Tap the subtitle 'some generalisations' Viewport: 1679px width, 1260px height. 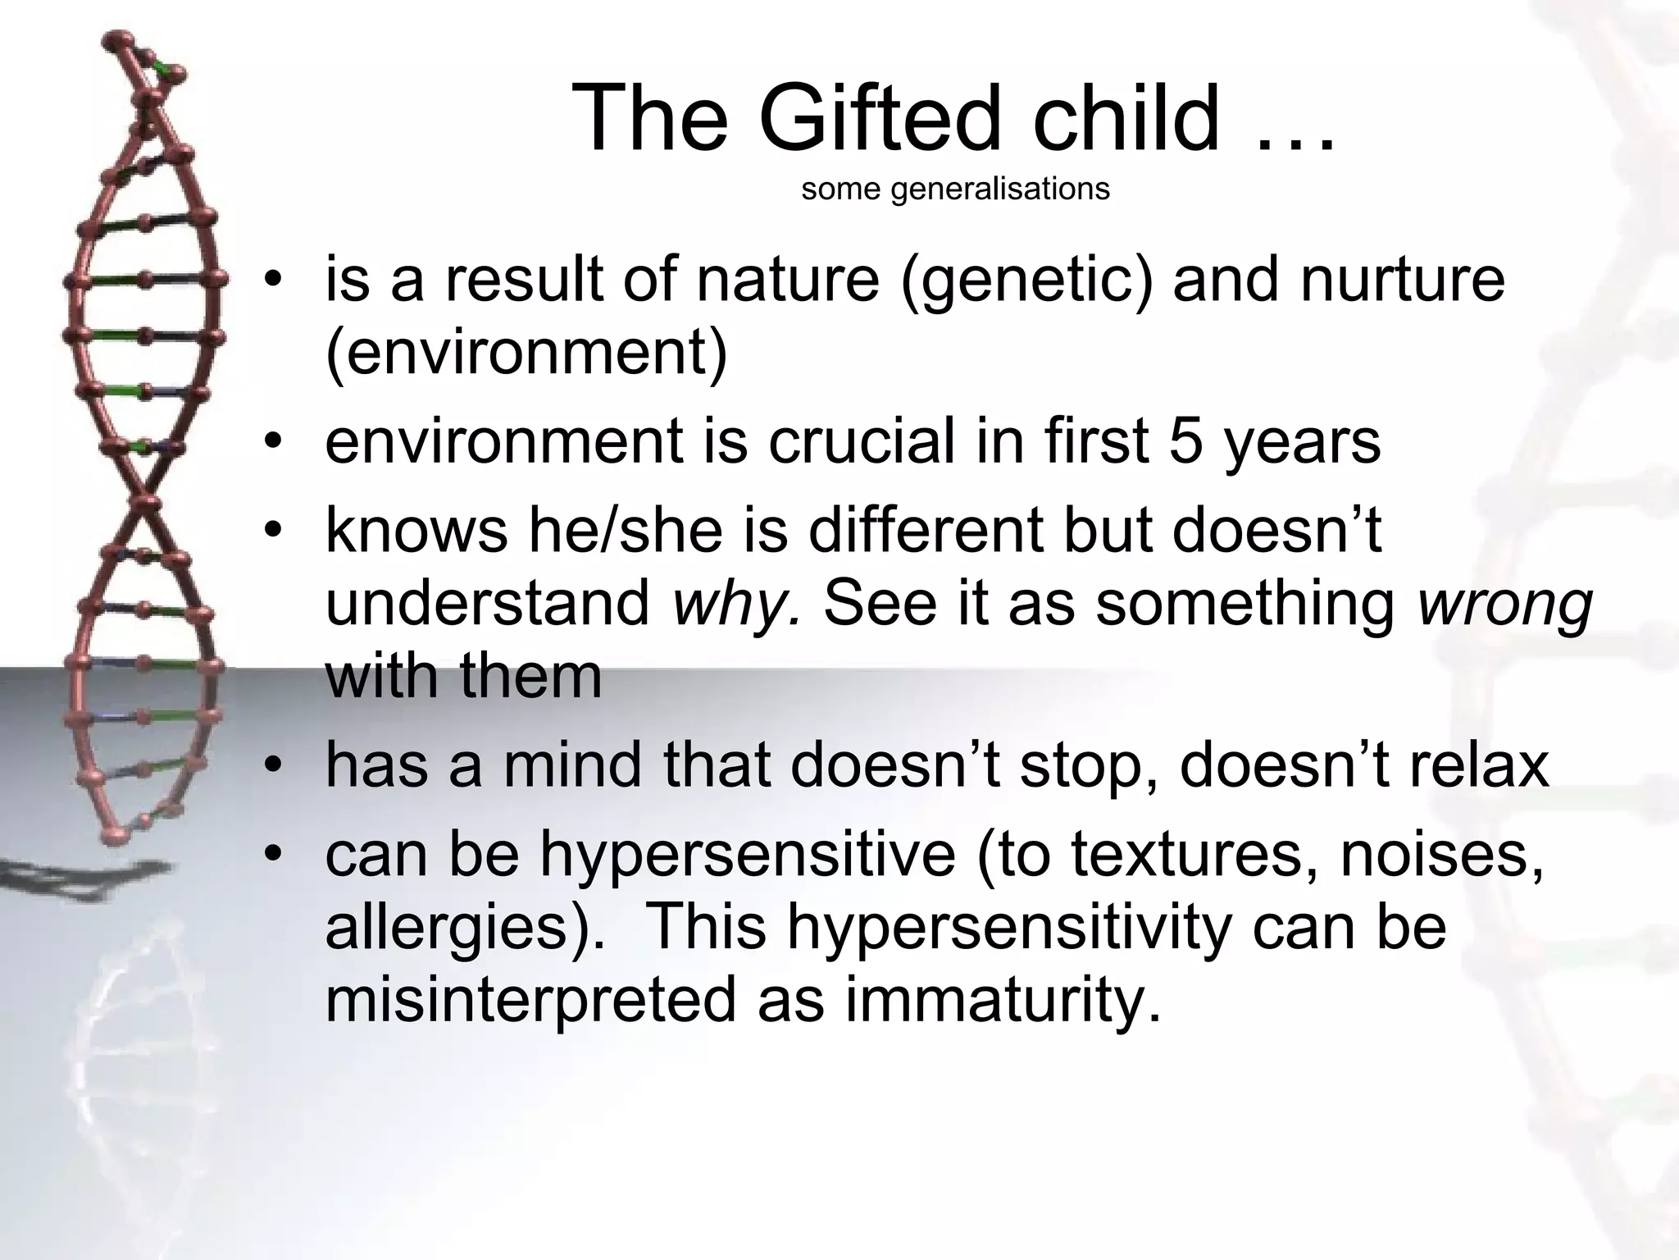pyautogui.click(x=955, y=189)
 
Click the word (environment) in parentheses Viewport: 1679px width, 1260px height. pyautogui.click(x=526, y=354)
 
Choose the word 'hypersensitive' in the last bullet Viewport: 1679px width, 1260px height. pyautogui.click(x=748, y=855)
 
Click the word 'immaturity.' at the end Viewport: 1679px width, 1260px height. pyautogui.click(x=1003, y=1000)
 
